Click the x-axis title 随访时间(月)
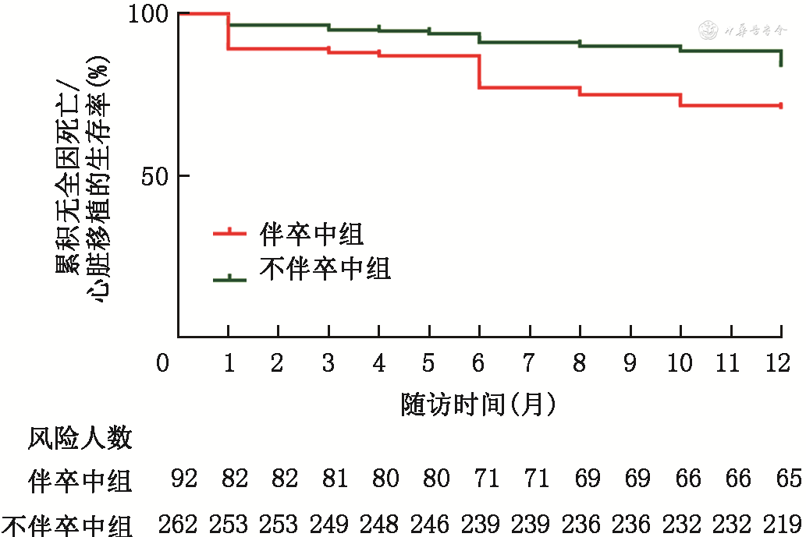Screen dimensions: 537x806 478,404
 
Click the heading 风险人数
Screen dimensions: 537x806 80,439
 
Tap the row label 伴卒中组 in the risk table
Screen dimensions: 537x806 80,479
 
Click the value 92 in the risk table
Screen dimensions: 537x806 185,479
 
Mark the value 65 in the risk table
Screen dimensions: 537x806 788,479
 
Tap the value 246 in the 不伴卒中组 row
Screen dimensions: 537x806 429,522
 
